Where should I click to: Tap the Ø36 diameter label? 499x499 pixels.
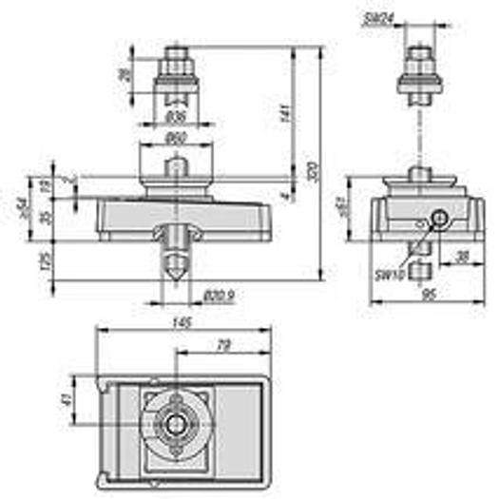[x=175, y=117]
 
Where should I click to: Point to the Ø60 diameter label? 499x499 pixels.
[x=175, y=139]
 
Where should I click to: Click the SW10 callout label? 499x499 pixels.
[x=390, y=274]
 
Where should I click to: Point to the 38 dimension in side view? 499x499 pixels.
[x=462, y=256]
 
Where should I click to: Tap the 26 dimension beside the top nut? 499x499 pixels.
[x=123, y=74]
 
